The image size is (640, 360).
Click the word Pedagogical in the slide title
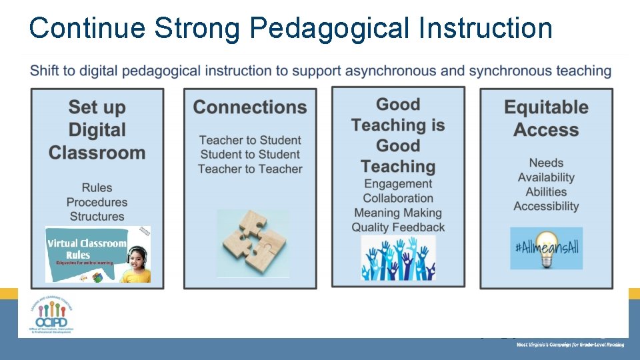pyautogui.click(x=337, y=29)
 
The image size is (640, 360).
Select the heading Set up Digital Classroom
pyautogui.click(x=97, y=129)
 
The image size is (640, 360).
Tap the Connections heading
pyautogui.click(x=250, y=107)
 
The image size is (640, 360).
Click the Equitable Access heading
pyautogui.click(x=546, y=118)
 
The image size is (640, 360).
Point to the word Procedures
pyautogui.click(x=97, y=202)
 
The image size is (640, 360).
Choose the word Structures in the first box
pyautogui.click(x=97, y=217)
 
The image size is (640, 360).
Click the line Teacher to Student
pyautogui.click(x=250, y=140)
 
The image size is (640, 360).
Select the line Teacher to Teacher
pyautogui.click(x=250, y=169)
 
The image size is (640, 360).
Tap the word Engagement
pyautogui.click(x=398, y=184)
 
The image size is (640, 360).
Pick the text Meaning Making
pyautogui.click(x=398, y=213)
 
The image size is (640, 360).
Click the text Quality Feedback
pyautogui.click(x=398, y=228)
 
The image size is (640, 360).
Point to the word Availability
pyautogui.click(x=546, y=177)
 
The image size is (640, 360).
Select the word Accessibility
pyautogui.click(x=546, y=207)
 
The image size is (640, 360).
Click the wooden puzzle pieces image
pyautogui.click(x=253, y=243)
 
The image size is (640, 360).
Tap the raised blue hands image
pyautogui.click(x=398, y=258)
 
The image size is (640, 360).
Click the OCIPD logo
pyautogui.click(x=51, y=314)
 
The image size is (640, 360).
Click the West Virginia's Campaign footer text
pyautogui.click(x=570, y=345)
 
